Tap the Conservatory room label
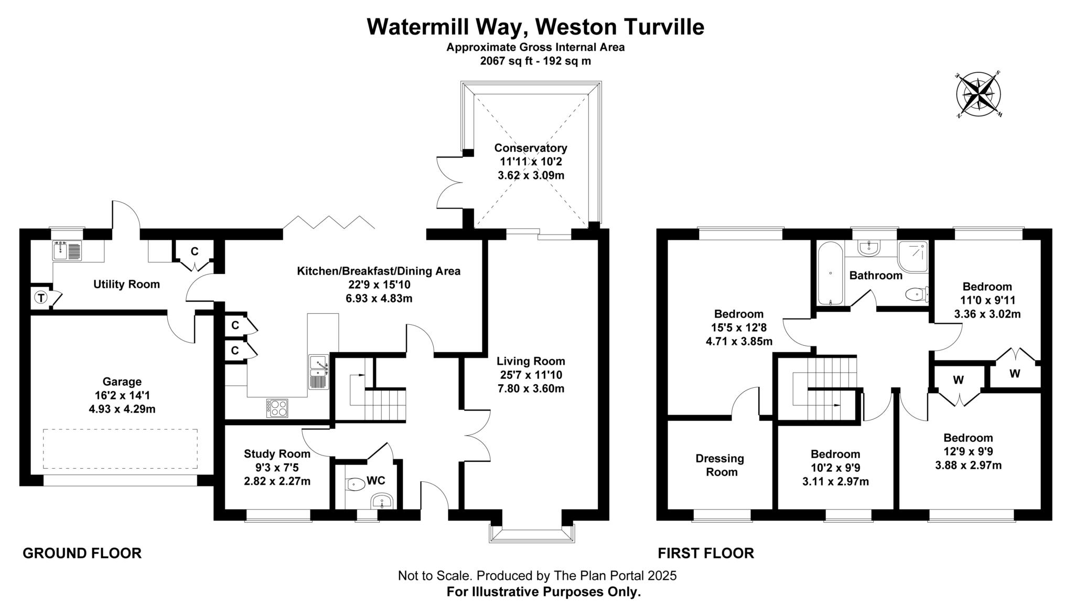530,148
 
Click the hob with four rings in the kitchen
277,408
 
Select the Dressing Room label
719,465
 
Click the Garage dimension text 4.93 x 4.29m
122,409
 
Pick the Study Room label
277,453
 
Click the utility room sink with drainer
67,250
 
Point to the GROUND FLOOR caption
82,553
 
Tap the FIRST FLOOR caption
706,553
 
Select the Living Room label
531,361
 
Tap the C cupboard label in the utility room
195,251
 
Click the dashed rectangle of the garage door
120,449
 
